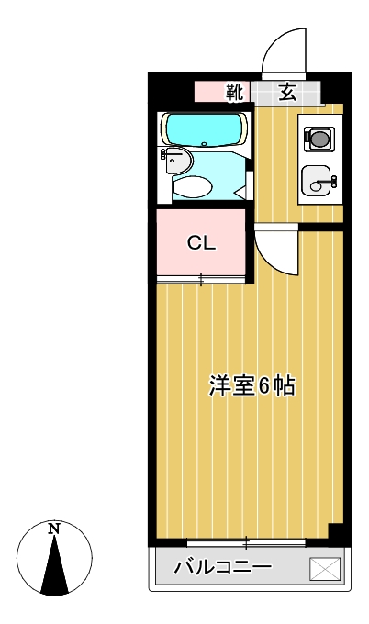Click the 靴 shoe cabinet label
(x=235, y=92)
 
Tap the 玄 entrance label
(x=287, y=92)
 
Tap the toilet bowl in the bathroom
(x=193, y=186)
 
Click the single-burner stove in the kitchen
(x=319, y=139)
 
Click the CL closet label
(x=201, y=243)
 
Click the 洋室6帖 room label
(x=250, y=386)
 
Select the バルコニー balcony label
(x=223, y=568)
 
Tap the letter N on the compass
(x=54, y=529)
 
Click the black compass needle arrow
(x=55, y=564)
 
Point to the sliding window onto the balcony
(x=246, y=542)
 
